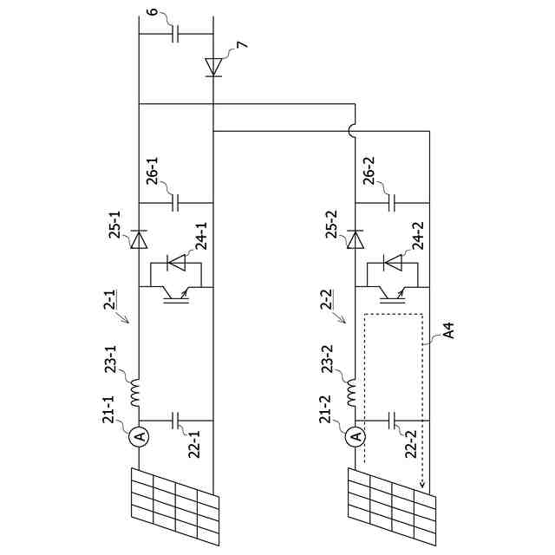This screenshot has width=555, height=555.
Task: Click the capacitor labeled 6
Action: click(176, 35)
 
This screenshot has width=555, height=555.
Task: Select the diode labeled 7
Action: click(213, 66)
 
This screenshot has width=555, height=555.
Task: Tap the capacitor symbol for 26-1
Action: click(176, 203)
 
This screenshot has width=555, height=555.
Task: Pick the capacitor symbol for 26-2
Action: click(393, 203)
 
